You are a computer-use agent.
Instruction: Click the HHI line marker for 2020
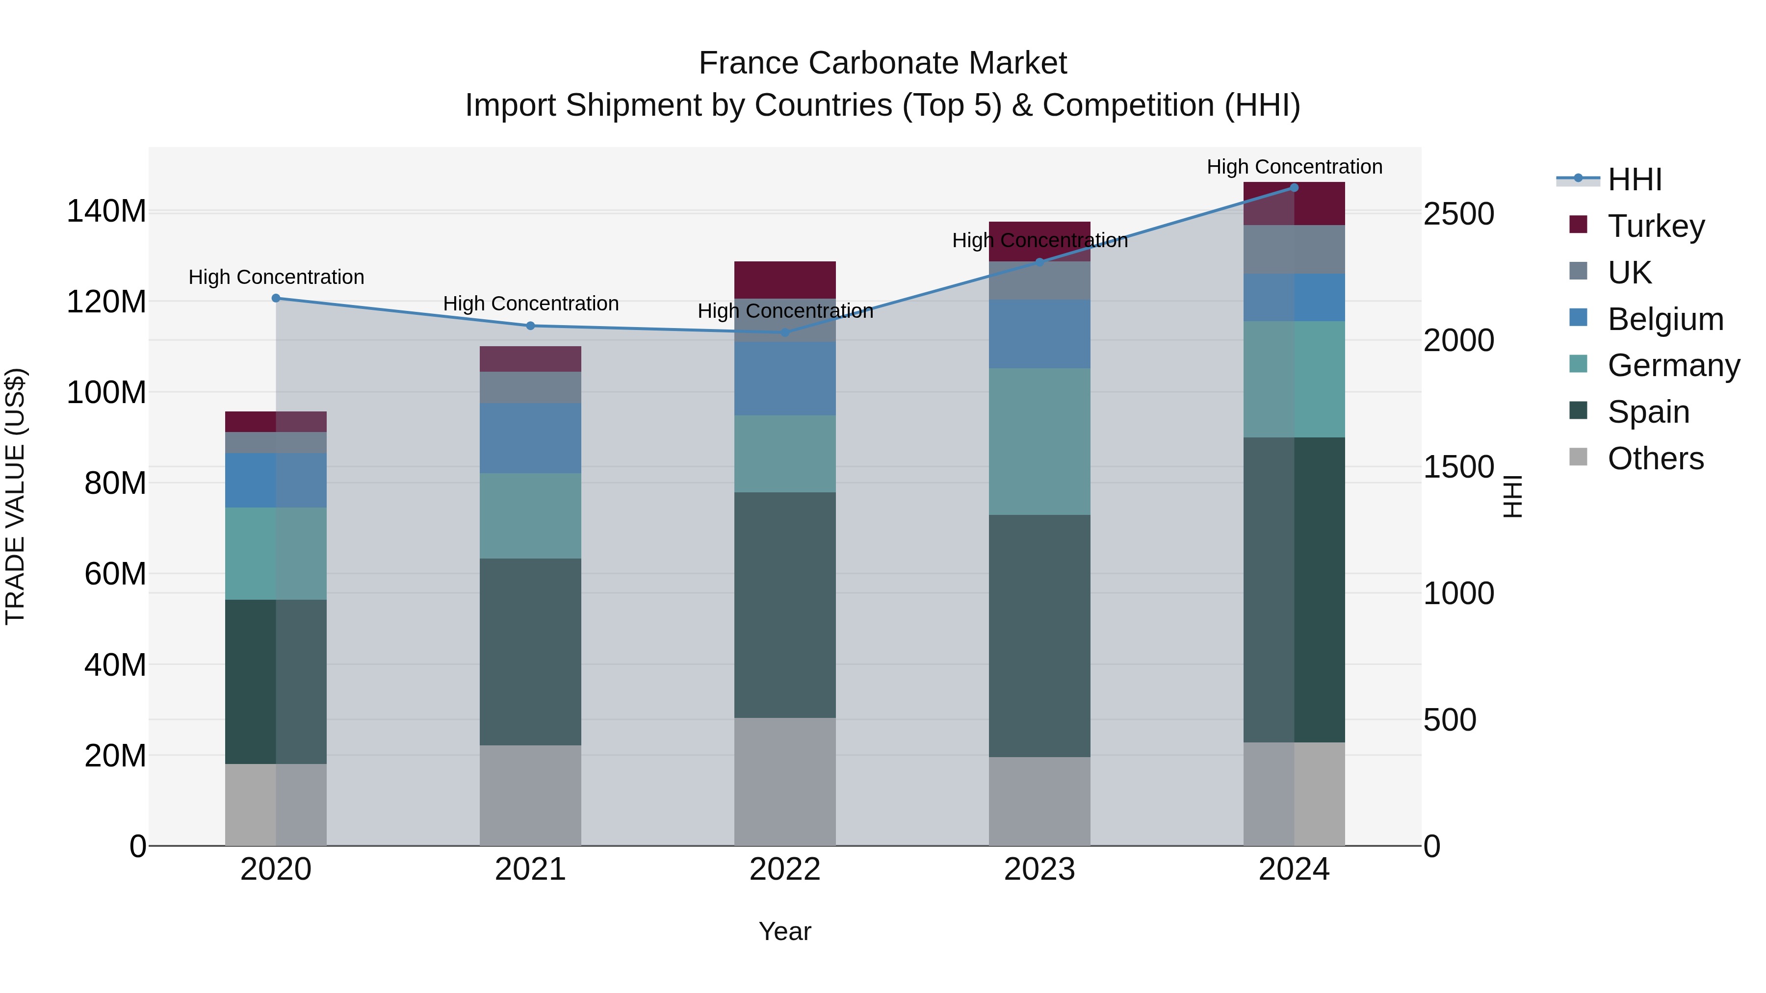pos(276,298)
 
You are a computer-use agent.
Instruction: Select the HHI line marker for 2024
pos(1294,188)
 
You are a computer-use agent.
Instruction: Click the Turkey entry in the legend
pos(1655,226)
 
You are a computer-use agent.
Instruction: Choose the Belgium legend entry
pos(1664,319)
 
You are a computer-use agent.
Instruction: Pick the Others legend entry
pos(1655,458)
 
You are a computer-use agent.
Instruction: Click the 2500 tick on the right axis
pos(1458,214)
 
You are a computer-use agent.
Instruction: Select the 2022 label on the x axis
pos(784,869)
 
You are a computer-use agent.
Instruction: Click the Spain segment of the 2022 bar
pos(784,605)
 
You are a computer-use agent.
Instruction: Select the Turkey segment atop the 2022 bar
pos(784,280)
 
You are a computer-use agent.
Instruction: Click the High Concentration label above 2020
pos(276,277)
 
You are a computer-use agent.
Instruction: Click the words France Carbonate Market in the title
pos(883,63)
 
